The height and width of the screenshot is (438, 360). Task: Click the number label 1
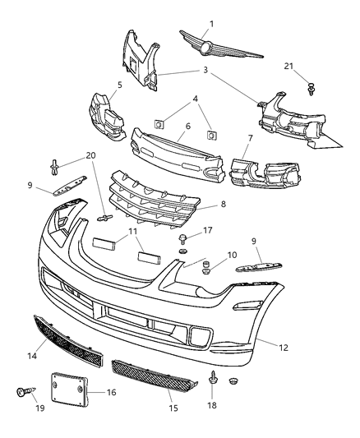210,24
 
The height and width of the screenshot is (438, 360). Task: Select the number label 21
312,66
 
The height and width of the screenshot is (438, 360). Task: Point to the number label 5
119,84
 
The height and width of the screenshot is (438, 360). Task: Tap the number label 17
208,231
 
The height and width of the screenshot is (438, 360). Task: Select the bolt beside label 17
181,239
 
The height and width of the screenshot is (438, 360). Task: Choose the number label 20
90,155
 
